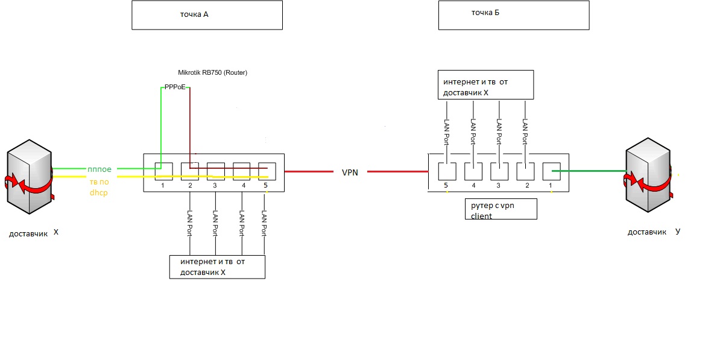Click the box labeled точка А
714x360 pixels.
[207, 14]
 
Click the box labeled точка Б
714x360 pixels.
[513, 14]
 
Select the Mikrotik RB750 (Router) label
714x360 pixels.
[213, 72]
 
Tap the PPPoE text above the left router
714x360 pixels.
[175, 87]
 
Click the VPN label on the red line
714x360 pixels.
[350, 172]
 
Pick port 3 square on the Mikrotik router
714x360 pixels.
[215, 171]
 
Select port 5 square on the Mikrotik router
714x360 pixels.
[267, 171]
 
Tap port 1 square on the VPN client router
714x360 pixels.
[551, 171]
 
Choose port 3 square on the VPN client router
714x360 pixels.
[499, 171]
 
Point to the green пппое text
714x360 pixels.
[100, 169]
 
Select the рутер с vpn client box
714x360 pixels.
[501, 209]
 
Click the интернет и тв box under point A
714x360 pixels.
[217, 267]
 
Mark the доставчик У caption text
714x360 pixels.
[654, 232]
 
